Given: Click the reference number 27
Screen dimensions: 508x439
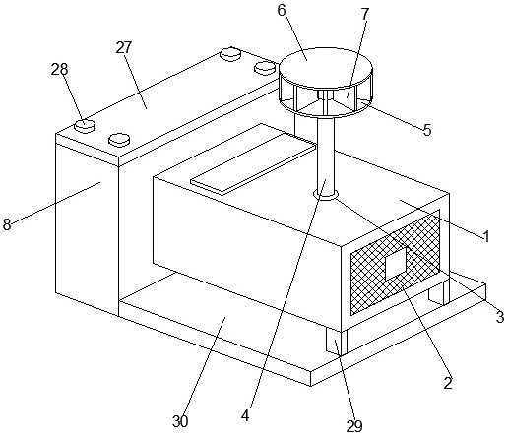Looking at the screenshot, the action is pos(124,48).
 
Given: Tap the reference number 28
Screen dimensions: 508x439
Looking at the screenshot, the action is pos(59,69).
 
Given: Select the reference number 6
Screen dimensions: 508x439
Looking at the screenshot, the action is pos(282,10).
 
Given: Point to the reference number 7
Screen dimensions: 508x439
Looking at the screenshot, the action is pos(365,14).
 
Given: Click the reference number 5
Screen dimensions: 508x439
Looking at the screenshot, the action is pos(427,130).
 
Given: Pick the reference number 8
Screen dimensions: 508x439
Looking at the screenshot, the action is pos(7,225).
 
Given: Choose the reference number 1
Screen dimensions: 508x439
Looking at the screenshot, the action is pos(486,236).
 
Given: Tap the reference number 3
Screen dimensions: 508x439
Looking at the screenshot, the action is pos(500,317).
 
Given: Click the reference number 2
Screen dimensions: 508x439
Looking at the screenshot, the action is pos(448,383).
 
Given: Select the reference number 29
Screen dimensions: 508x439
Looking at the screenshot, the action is pos(354,426).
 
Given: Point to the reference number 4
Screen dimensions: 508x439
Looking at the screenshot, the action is pos(245,416).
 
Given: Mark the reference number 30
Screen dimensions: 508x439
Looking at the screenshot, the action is pos(180,421).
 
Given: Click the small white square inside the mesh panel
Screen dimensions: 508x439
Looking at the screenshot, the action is pos(396,264).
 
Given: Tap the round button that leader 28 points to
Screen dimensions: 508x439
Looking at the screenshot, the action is pos(85,125).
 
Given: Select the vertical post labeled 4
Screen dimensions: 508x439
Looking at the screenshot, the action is pos(326,156).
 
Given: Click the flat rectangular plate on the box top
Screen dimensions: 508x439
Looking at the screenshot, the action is pos(253,159).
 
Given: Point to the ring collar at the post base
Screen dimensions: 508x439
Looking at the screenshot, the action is pos(326,196).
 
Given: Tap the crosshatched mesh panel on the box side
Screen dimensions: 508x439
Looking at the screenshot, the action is pos(395,263).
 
